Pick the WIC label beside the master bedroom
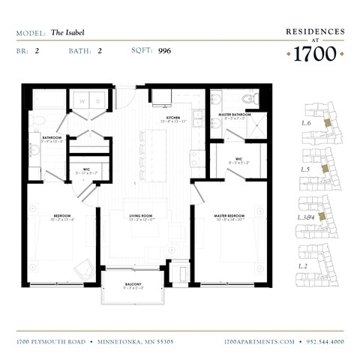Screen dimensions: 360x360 (x=238, y=158)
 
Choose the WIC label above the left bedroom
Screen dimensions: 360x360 (x=87, y=169)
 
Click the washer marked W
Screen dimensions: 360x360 (x=82, y=100)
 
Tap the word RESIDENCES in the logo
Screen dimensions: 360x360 (x=316, y=32)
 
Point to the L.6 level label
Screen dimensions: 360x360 (x=306, y=122)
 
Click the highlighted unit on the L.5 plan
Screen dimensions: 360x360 (x=324, y=169)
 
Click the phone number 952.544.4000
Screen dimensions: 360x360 (x=325, y=341)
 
